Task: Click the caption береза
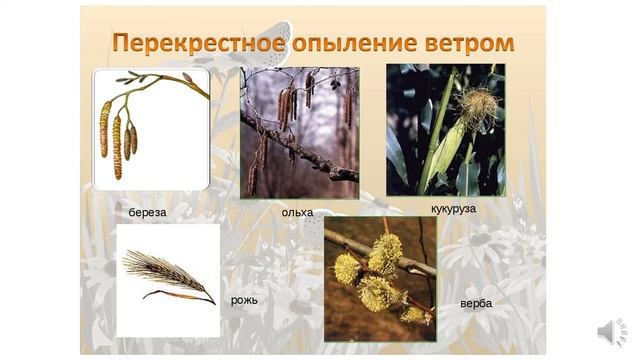(147, 213)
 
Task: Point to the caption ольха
(297, 212)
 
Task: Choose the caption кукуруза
(452, 209)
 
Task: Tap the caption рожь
(245, 300)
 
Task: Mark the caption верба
(477, 303)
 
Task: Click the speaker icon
(611, 332)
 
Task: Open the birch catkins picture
(151, 129)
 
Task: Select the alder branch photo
(299, 132)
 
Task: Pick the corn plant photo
(445, 129)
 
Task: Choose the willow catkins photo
(380, 279)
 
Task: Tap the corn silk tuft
(478, 104)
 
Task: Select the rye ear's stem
(180, 294)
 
